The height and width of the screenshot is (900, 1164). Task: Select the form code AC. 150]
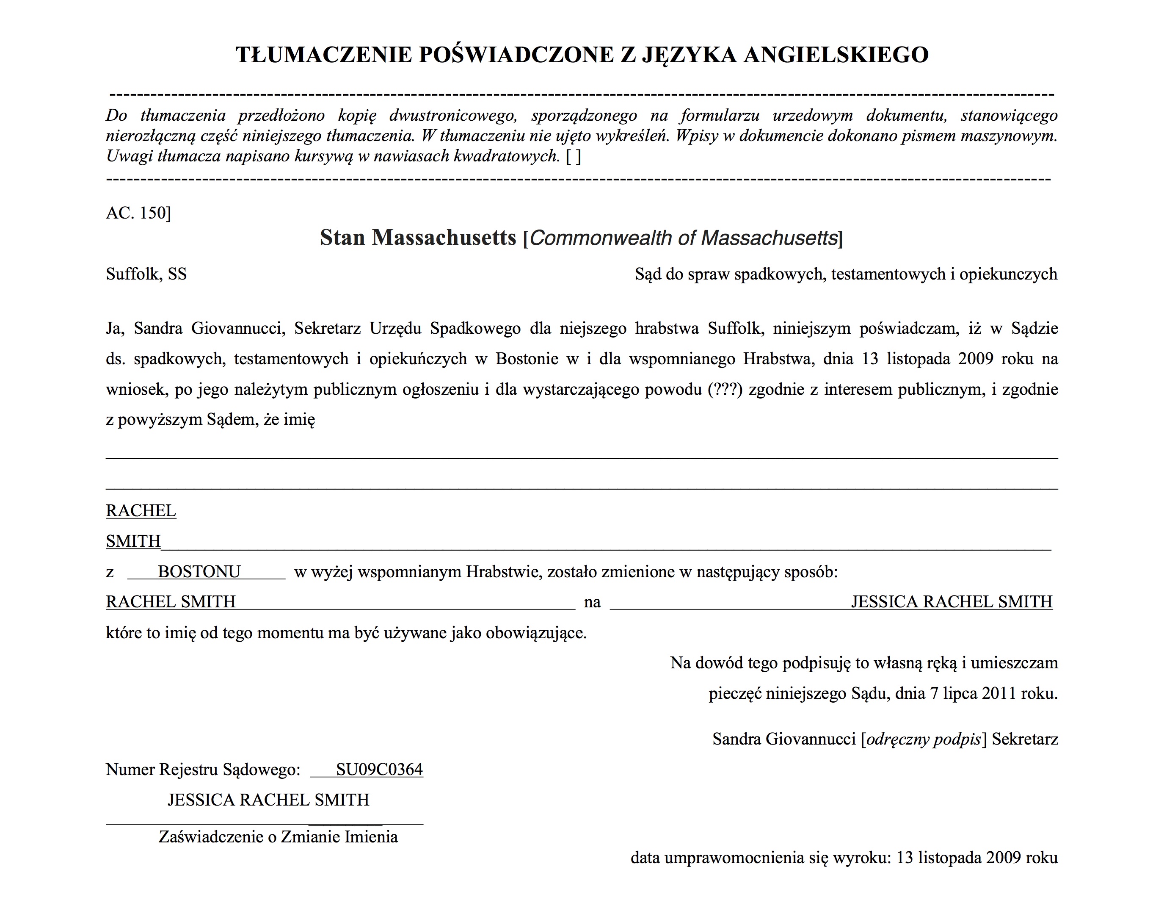[138, 213]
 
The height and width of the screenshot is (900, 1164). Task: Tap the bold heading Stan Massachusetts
[418, 237]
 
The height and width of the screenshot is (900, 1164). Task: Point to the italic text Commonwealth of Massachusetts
[684, 238]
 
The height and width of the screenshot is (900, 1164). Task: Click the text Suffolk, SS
[146, 274]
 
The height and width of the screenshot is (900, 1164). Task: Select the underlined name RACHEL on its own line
[141, 511]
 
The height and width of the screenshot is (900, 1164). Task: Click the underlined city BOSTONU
[199, 572]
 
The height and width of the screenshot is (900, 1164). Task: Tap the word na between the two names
[592, 602]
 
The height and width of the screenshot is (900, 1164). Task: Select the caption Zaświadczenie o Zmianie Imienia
[278, 836]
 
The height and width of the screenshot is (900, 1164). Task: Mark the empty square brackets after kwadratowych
[574, 156]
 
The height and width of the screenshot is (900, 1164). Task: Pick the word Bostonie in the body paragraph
[527, 359]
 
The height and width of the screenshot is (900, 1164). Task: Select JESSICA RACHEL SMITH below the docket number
[268, 800]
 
